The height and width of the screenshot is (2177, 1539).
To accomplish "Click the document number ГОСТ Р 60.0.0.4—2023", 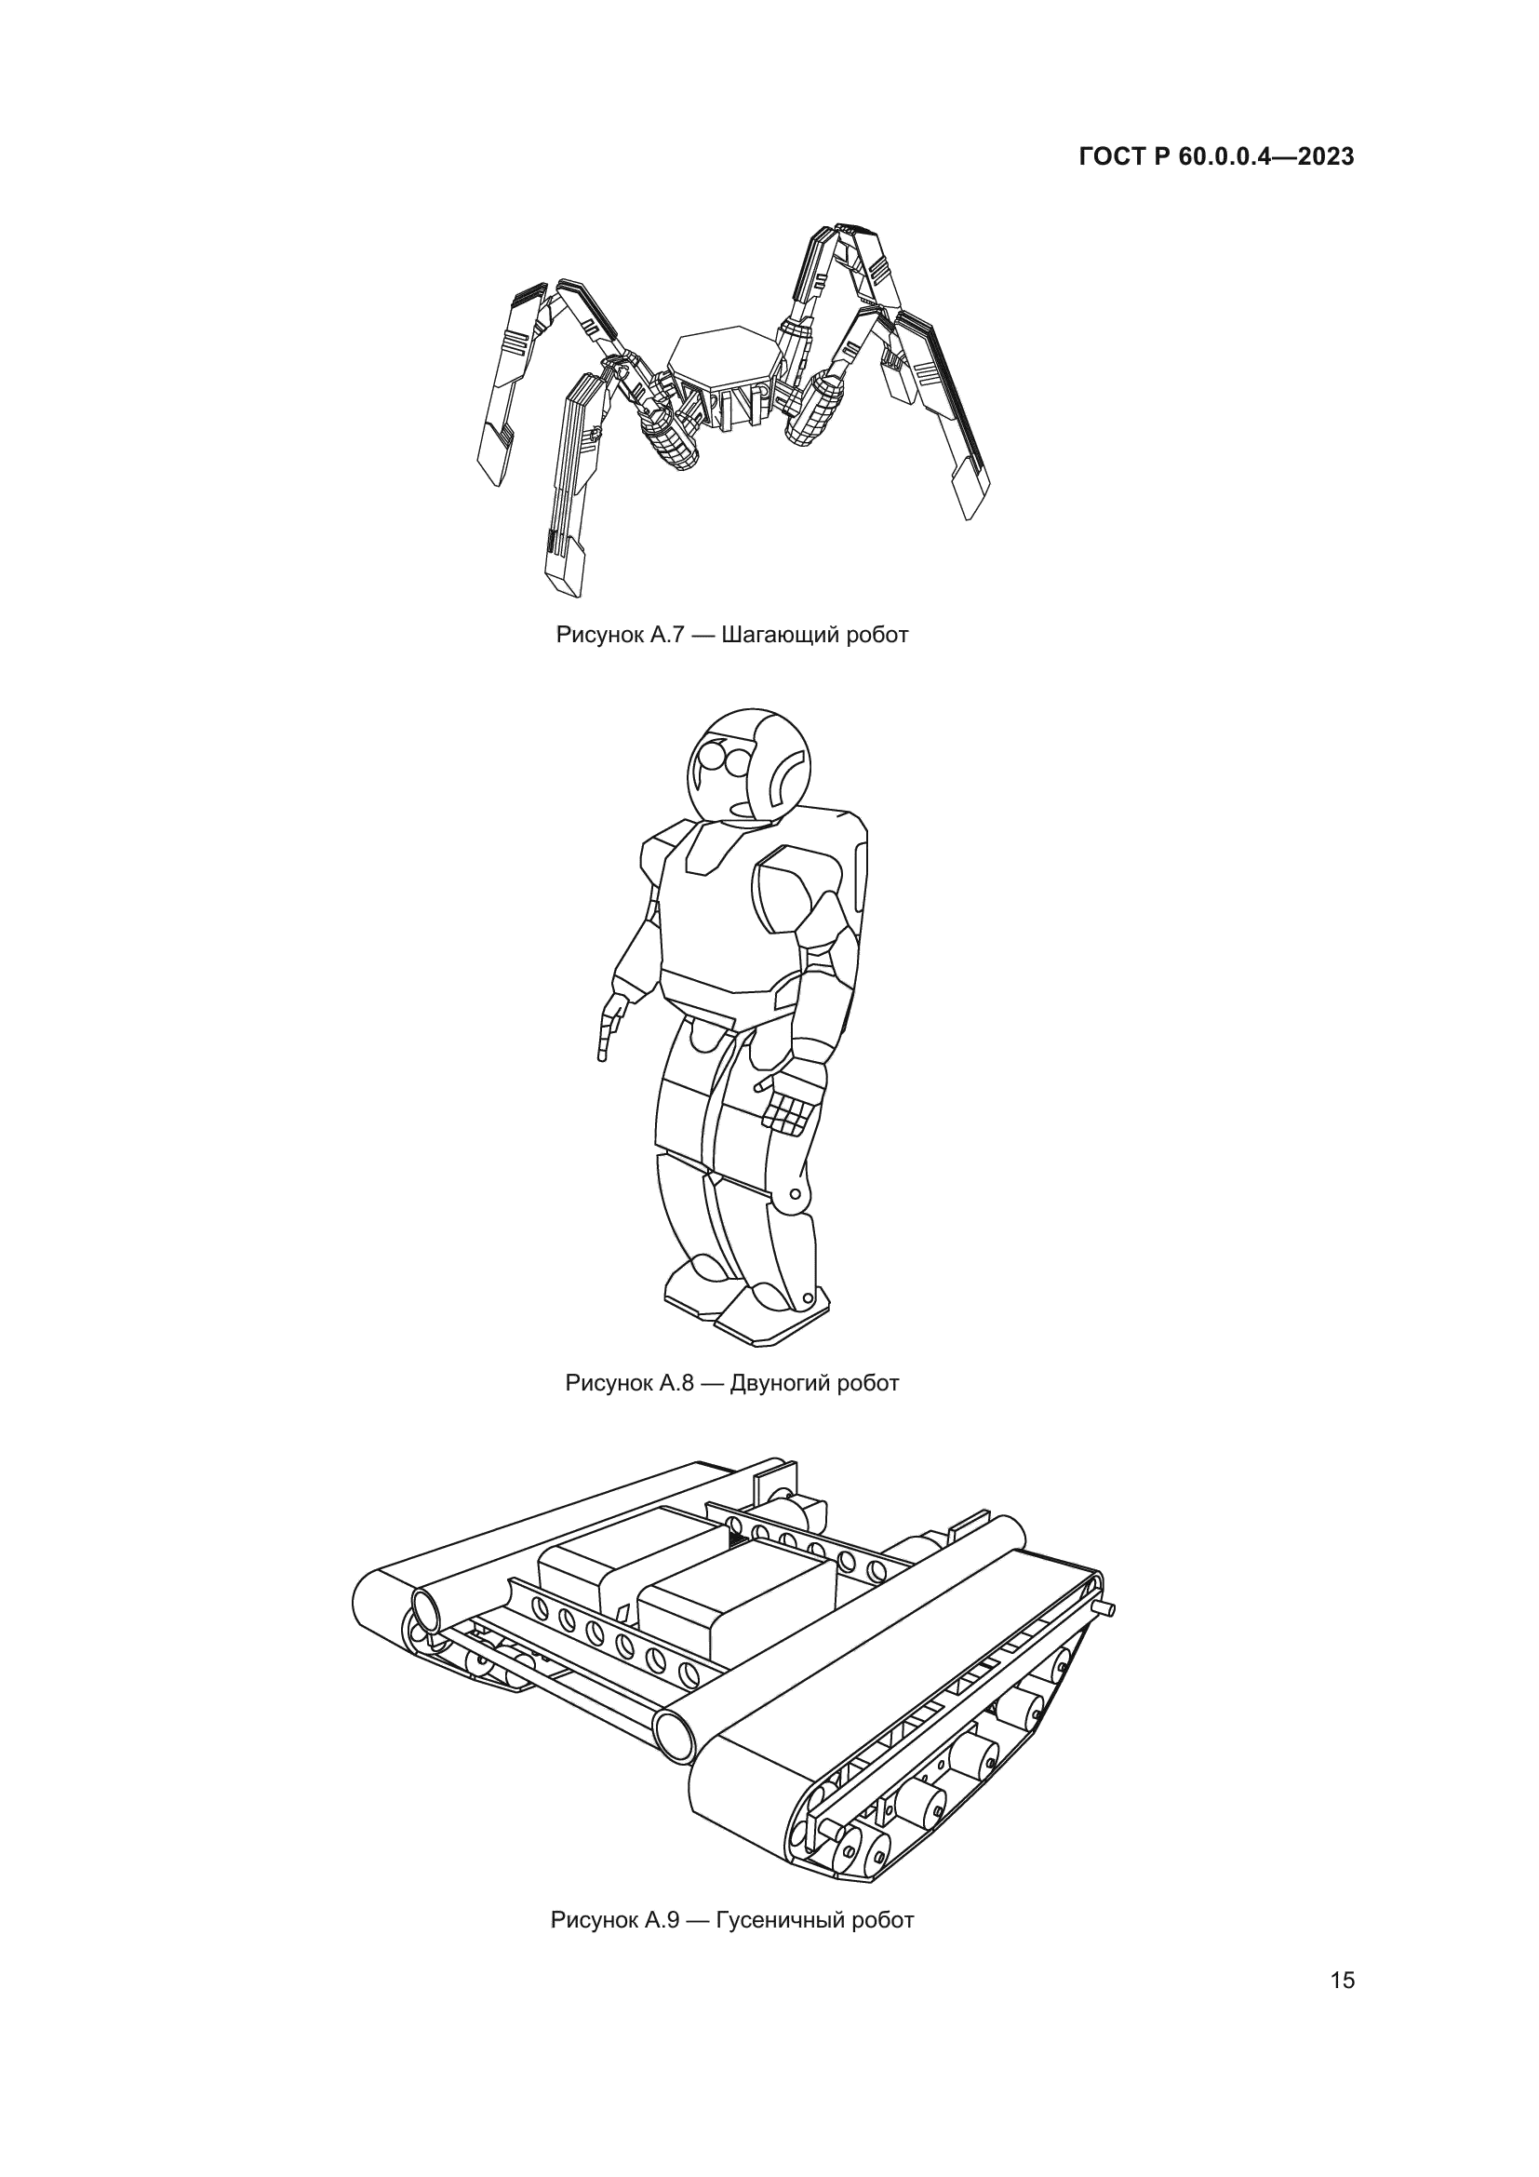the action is (1216, 157).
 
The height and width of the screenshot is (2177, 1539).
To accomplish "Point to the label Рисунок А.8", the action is (631, 1383).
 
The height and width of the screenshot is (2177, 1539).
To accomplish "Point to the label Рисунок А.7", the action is (622, 636).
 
